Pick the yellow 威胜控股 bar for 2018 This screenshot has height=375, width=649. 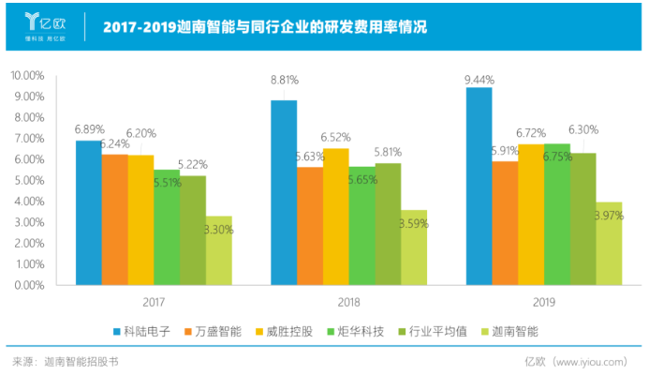(336, 216)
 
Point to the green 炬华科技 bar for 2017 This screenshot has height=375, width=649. (167, 226)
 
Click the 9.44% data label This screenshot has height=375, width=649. (479, 80)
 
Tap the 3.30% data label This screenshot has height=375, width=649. (218, 229)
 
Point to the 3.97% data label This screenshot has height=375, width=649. (610, 217)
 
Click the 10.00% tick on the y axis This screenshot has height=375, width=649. (27, 75)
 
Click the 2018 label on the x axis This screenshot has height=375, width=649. (348, 302)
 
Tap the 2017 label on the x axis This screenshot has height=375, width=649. (154, 302)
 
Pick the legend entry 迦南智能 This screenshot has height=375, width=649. (507, 331)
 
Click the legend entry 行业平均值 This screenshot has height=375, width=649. (429, 331)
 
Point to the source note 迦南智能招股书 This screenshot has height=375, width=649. (81, 360)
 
